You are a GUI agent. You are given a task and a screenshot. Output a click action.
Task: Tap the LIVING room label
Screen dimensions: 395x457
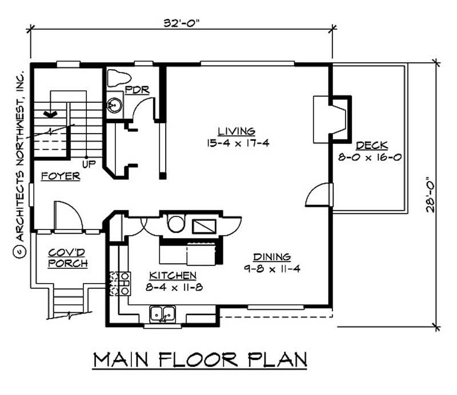[236, 131]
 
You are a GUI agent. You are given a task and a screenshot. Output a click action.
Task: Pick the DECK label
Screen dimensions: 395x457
[371, 145]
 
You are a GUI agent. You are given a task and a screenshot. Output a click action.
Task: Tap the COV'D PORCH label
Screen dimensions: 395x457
[67, 257]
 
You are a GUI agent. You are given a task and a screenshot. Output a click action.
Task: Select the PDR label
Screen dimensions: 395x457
[137, 90]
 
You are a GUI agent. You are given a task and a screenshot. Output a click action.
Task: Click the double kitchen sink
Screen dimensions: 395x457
[163, 313]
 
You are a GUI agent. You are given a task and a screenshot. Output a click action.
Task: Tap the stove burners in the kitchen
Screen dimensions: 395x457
[120, 283]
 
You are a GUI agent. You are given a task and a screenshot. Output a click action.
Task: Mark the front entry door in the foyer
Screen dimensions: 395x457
[67, 216]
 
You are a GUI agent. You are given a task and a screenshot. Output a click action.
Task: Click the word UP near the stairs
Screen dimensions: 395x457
[89, 164]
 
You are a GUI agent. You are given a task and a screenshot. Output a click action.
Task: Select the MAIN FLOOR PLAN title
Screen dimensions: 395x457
[200, 360]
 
